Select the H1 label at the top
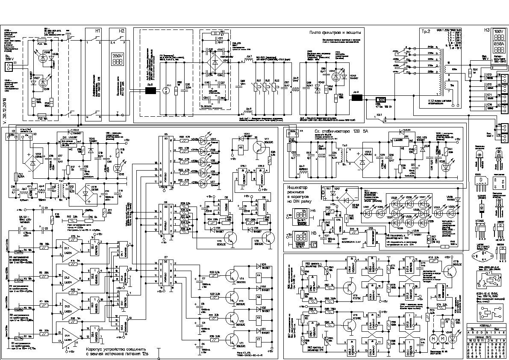(98, 31)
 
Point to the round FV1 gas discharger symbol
(168, 91)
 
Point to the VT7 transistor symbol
(259, 147)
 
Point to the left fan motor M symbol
(433, 338)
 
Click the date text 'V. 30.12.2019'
(6, 102)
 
